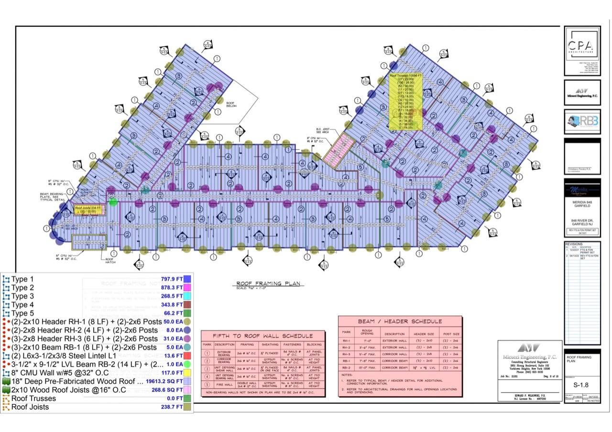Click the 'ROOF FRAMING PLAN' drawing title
268,283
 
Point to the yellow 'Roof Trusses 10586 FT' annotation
405,102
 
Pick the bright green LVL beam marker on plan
113,202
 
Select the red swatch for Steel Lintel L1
187,356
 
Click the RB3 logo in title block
581,120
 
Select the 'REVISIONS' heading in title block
575,243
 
